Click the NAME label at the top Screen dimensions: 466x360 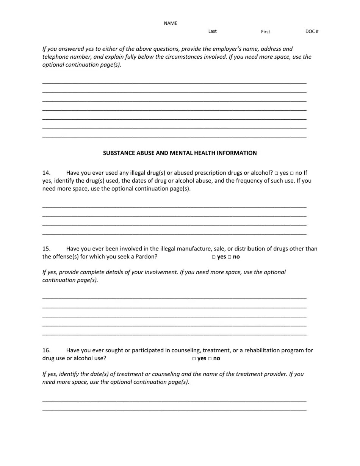[x=170, y=23]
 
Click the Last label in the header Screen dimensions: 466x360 [x=212, y=31]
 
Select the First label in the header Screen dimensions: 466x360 [x=265, y=32]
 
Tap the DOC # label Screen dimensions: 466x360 [x=312, y=31]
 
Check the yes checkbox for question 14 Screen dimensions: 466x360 [x=276, y=173]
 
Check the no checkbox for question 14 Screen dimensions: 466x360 [x=292, y=173]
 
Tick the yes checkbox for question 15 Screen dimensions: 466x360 [x=214, y=257]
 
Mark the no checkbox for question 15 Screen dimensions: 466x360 [x=229, y=257]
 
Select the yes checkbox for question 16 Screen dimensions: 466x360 [x=194, y=359]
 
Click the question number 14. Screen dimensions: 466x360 [x=46, y=173]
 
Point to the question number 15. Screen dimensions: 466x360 [x=46, y=249]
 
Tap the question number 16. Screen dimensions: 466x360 [x=46, y=350]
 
